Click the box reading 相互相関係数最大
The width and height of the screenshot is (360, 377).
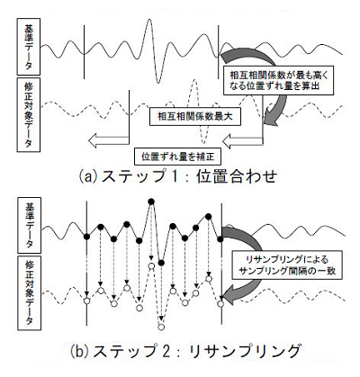coord(195,116)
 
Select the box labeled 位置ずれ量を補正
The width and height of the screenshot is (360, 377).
coord(178,157)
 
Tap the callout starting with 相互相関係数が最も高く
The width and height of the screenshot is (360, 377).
coord(279,80)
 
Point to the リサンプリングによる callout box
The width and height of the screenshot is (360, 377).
coord(287,265)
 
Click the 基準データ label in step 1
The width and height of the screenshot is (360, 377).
coord(29,47)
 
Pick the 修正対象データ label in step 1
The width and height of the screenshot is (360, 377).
coord(29,115)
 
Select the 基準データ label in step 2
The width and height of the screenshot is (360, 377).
coord(30,225)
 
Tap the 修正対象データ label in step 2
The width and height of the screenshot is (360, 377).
coord(30,293)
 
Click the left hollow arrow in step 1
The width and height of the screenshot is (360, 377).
coord(108,140)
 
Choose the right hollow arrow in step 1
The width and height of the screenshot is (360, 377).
coord(243,141)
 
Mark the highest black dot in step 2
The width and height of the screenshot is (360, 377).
coord(151,202)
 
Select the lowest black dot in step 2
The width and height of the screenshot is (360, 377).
coord(161,263)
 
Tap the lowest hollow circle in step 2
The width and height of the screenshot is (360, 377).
coord(161,327)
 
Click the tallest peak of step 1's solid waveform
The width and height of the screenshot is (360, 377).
coord(148,20)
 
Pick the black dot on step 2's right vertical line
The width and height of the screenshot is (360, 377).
coord(220,239)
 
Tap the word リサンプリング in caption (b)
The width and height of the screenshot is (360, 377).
coord(245,351)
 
